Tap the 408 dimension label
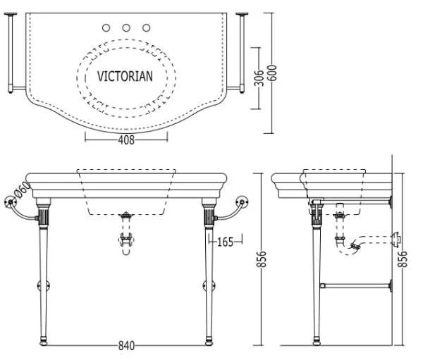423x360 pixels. [x=127, y=139]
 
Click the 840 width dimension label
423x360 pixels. [x=127, y=346]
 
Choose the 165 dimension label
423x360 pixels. [x=225, y=242]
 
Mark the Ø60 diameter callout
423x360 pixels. [x=21, y=190]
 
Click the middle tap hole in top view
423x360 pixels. [x=127, y=28]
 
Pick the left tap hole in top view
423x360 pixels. [x=106, y=28]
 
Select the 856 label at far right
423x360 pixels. [x=404, y=259]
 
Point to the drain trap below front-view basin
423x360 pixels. [x=127, y=240]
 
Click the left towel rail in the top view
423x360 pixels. [x=10, y=53]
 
